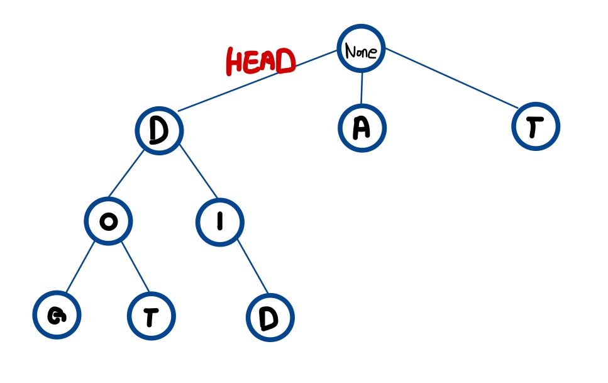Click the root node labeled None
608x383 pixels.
pos(361,48)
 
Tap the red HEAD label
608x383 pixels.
pos(260,62)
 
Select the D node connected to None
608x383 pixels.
pos(159,131)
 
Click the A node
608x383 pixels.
pos(361,128)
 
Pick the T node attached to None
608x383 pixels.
pos(535,127)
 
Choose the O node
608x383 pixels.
pos(108,222)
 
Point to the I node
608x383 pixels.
pos(219,222)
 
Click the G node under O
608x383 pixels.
pos(57,316)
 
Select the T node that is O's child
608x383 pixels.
pos(151,316)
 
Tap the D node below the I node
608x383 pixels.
pos(270,318)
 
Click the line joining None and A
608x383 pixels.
pos(362,88)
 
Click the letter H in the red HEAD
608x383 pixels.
pos(236,63)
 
